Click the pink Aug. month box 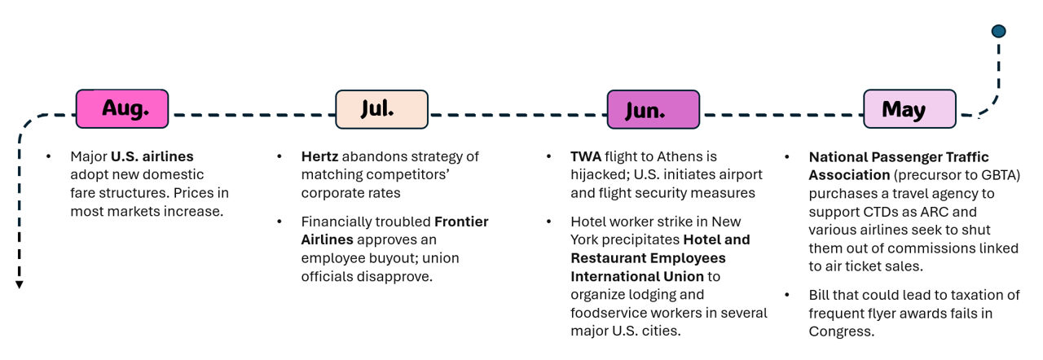click(122, 109)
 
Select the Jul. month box click(381, 109)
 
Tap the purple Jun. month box click(654, 109)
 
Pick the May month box click(910, 109)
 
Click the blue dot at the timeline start click(998, 31)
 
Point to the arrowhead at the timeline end click(19, 284)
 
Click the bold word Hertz click(319, 156)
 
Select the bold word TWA click(586, 156)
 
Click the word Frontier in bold click(461, 222)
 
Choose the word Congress click(841, 331)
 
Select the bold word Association click(849, 175)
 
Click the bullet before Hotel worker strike click(548, 222)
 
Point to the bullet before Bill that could click(787, 295)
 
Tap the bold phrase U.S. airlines click(152, 156)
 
